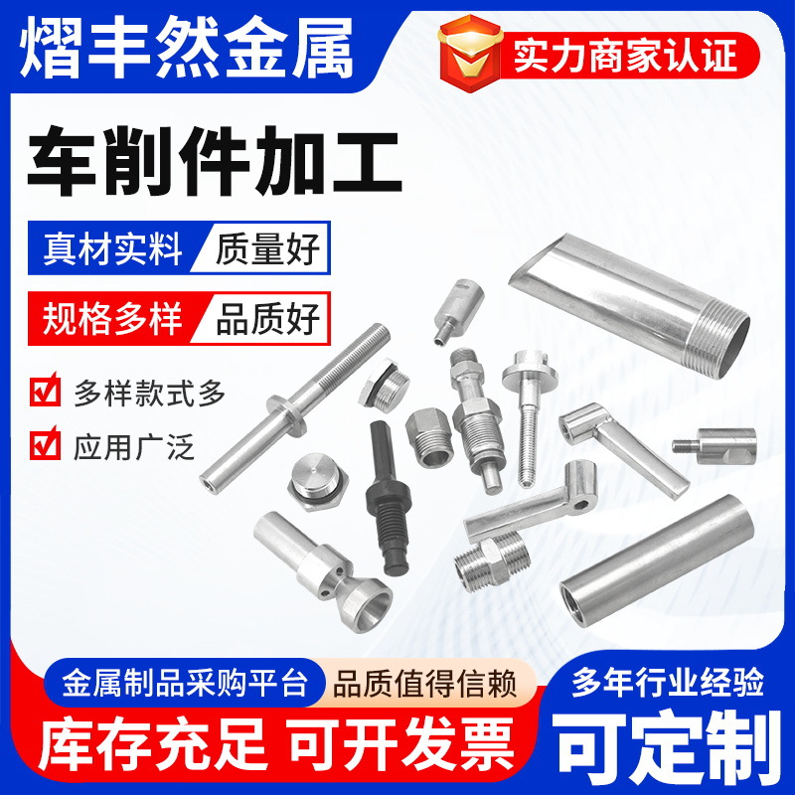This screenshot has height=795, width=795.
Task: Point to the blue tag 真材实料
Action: coord(112,248)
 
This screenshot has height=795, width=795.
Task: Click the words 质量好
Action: coord(267,248)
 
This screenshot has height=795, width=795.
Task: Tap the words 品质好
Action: coord(267,320)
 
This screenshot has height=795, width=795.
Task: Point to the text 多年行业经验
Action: coord(667,684)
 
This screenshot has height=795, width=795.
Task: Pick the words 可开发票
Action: coord(401,741)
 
